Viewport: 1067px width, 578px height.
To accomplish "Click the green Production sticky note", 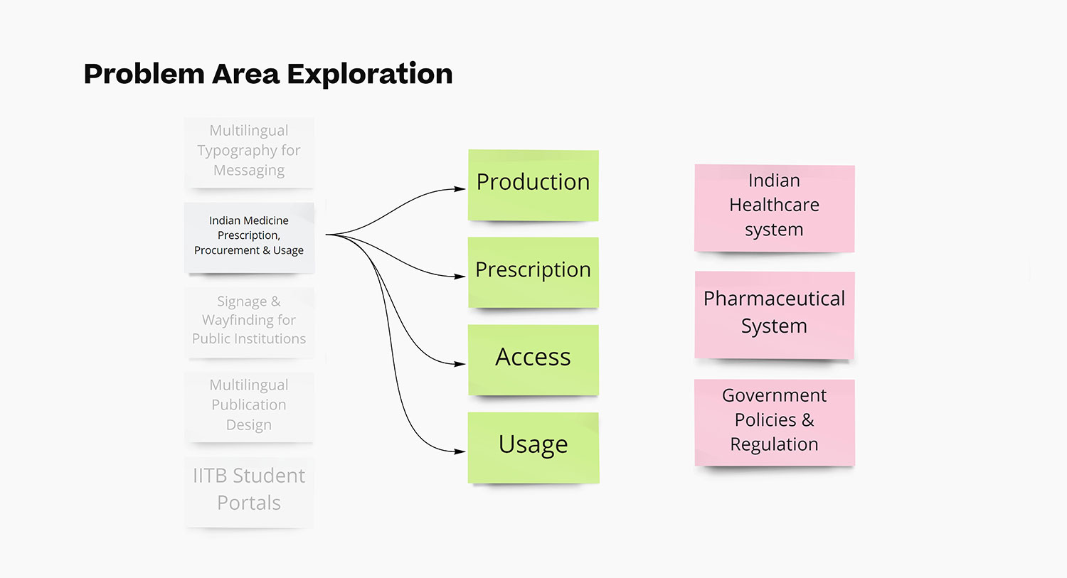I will pyautogui.click(x=533, y=185).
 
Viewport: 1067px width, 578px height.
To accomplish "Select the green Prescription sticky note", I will pyautogui.click(x=533, y=272).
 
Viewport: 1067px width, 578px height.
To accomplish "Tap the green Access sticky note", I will pyautogui.click(x=533, y=360).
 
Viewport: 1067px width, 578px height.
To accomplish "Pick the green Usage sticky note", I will pyautogui.click(x=533, y=447).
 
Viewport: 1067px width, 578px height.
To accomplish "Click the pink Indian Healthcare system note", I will pyautogui.click(x=774, y=208).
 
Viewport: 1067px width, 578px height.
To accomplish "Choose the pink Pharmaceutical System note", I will pyautogui.click(x=774, y=314).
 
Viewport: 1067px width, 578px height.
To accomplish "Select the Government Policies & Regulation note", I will pyautogui.click(x=774, y=422).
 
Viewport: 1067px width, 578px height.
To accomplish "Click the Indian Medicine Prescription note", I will pyautogui.click(x=249, y=237).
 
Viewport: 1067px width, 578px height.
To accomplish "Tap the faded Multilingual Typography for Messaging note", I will pyautogui.click(x=249, y=151).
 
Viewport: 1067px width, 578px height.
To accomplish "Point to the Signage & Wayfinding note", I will pyautogui.click(x=249, y=321).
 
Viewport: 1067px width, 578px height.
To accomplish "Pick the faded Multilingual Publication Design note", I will pyautogui.click(x=249, y=406).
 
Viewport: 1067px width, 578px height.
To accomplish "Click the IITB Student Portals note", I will pyautogui.click(x=249, y=491).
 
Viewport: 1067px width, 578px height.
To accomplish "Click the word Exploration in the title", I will pyautogui.click(x=369, y=74).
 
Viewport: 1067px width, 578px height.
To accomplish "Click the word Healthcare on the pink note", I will pyautogui.click(x=774, y=205).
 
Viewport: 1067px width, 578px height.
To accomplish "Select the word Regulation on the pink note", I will pyautogui.click(x=774, y=445).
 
